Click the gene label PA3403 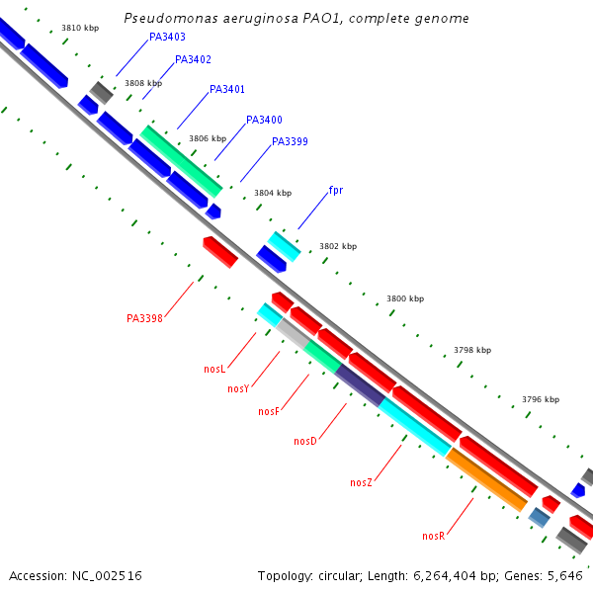(x=167, y=38)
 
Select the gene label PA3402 (x=193, y=60)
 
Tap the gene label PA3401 (x=227, y=90)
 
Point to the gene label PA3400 (x=264, y=121)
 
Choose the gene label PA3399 (x=290, y=142)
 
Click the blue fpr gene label (x=336, y=190)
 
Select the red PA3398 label (x=144, y=319)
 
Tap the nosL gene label (x=214, y=370)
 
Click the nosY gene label (x=238, y=389)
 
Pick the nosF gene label (x=269, y=412)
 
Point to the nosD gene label (x=305, y=441)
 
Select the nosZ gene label (x=361, y=483)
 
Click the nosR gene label (x=433, y=536)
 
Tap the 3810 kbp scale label (x=80, y=29)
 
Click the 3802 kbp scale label (x=338, y=246)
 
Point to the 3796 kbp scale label (x=541, y=400)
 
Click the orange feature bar (x=486, y=480)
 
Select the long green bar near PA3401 (x=182, y=161)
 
